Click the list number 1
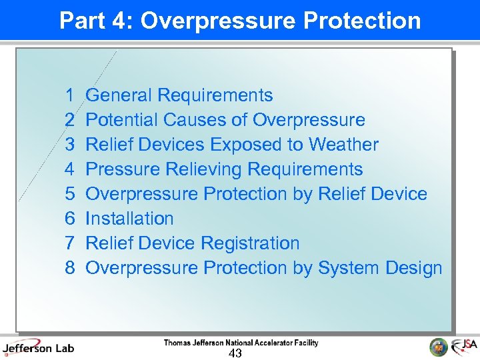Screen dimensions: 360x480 pyautogui.click(x=69, y=95)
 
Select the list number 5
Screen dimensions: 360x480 pyautogui.click(x=69, y=194)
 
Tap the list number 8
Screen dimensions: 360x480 pyautogui.click(x=69, y=268)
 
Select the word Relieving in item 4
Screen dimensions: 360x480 pyautogui.click(x=222, y=169)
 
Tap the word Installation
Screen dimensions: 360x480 pyautogui.click(x=129, y=219)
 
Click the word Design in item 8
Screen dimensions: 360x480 pyautogui.click(x=414, y=268)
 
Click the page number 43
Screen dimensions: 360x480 pyautogui.click(x=235, y=353)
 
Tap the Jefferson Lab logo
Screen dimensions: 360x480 pyautogui.click(x=38, y=347)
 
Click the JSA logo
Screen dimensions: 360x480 pyautogui.click(x=464, y=347)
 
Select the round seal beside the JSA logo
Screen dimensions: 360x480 pyautogui.click(x=439, y=347)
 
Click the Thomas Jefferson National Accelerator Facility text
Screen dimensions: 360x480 pyautogui.click(x=241, y=343)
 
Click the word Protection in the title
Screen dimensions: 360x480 pyautogui.click(x=362, y=21)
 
